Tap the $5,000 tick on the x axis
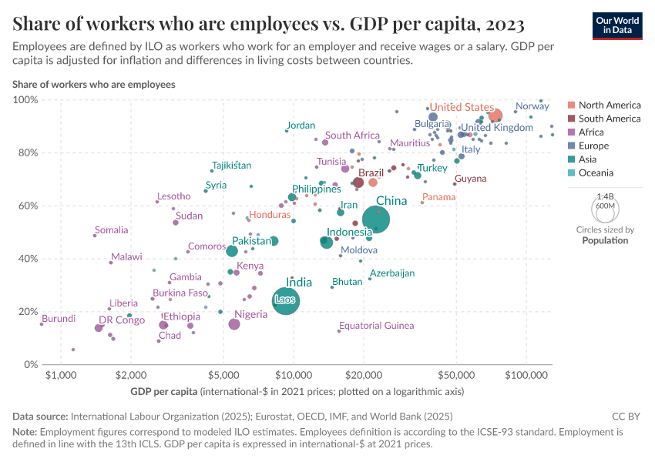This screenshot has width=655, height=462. (x=223, y=375)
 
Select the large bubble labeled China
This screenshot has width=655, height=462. (x=376, y=220)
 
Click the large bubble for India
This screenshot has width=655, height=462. (x=286, y=300)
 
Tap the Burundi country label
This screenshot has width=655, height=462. (x=59, y=319)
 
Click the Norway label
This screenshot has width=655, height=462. (x=532, y=106)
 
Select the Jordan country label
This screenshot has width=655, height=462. (x=301, y=126)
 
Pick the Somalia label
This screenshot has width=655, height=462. (x=111, y=230)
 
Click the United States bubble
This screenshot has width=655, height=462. (x=495, y=115)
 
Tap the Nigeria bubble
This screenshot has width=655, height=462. (x=234, y=324)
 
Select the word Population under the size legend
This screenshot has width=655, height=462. (x=605, y=240)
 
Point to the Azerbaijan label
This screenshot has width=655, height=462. (x=392, y=273)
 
